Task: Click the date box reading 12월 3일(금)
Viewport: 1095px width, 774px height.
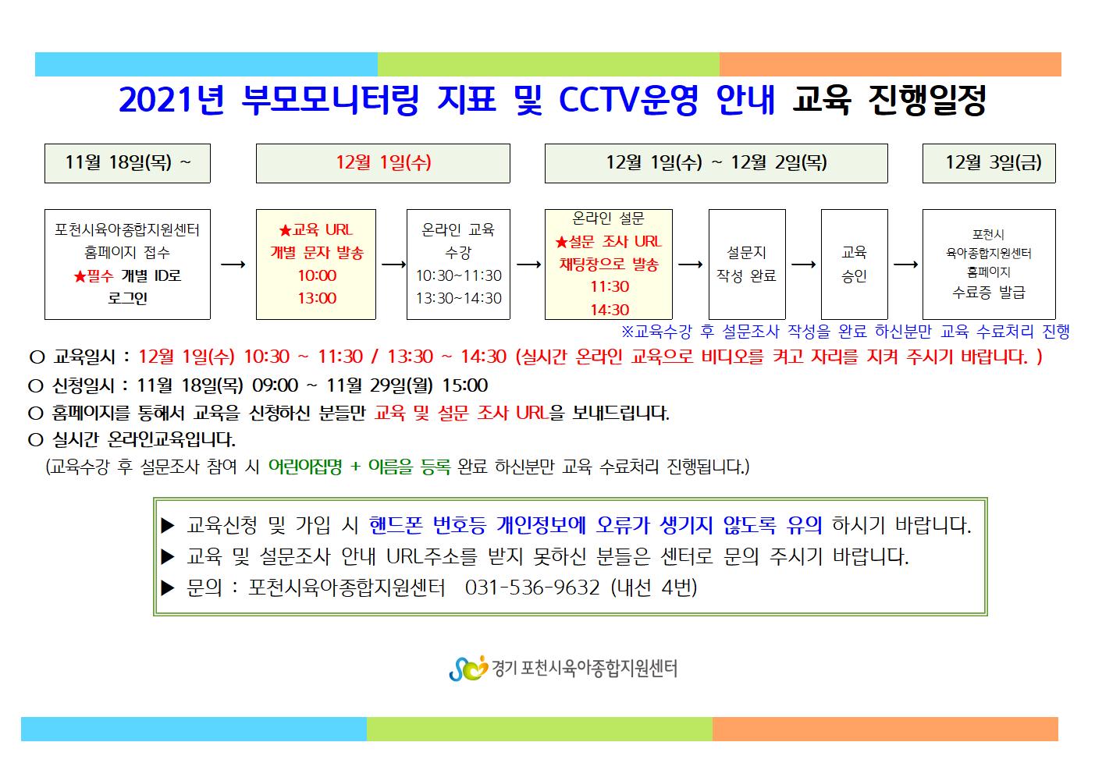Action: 988,163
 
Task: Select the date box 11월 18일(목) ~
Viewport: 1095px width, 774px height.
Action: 127,163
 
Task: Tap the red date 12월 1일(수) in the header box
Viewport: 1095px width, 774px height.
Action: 383,162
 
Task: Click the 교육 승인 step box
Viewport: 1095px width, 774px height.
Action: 854,265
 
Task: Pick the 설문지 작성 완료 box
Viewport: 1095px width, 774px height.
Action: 747,265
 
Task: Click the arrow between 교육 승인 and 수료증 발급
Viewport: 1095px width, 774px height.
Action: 905,265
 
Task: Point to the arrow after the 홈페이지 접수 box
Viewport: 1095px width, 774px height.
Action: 233,265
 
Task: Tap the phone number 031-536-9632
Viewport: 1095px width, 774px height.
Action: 532,588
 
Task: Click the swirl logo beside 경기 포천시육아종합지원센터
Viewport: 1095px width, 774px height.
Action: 468,668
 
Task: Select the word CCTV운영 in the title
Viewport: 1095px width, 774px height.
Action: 628,100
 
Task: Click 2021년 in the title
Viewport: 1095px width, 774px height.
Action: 172,100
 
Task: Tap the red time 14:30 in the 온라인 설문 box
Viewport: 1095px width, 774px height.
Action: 610,309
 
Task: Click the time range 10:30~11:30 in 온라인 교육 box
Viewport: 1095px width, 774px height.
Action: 459,275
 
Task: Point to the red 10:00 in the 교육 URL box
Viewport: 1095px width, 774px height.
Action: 317,275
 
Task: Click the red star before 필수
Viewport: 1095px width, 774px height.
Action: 80,277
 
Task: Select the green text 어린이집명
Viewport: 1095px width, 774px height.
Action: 305,467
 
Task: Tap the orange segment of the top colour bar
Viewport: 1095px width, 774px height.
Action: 891,64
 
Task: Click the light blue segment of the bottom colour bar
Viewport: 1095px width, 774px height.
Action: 194,729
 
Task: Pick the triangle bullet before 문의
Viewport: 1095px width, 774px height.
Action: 168,588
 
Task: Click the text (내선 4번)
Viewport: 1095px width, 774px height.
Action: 654,588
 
